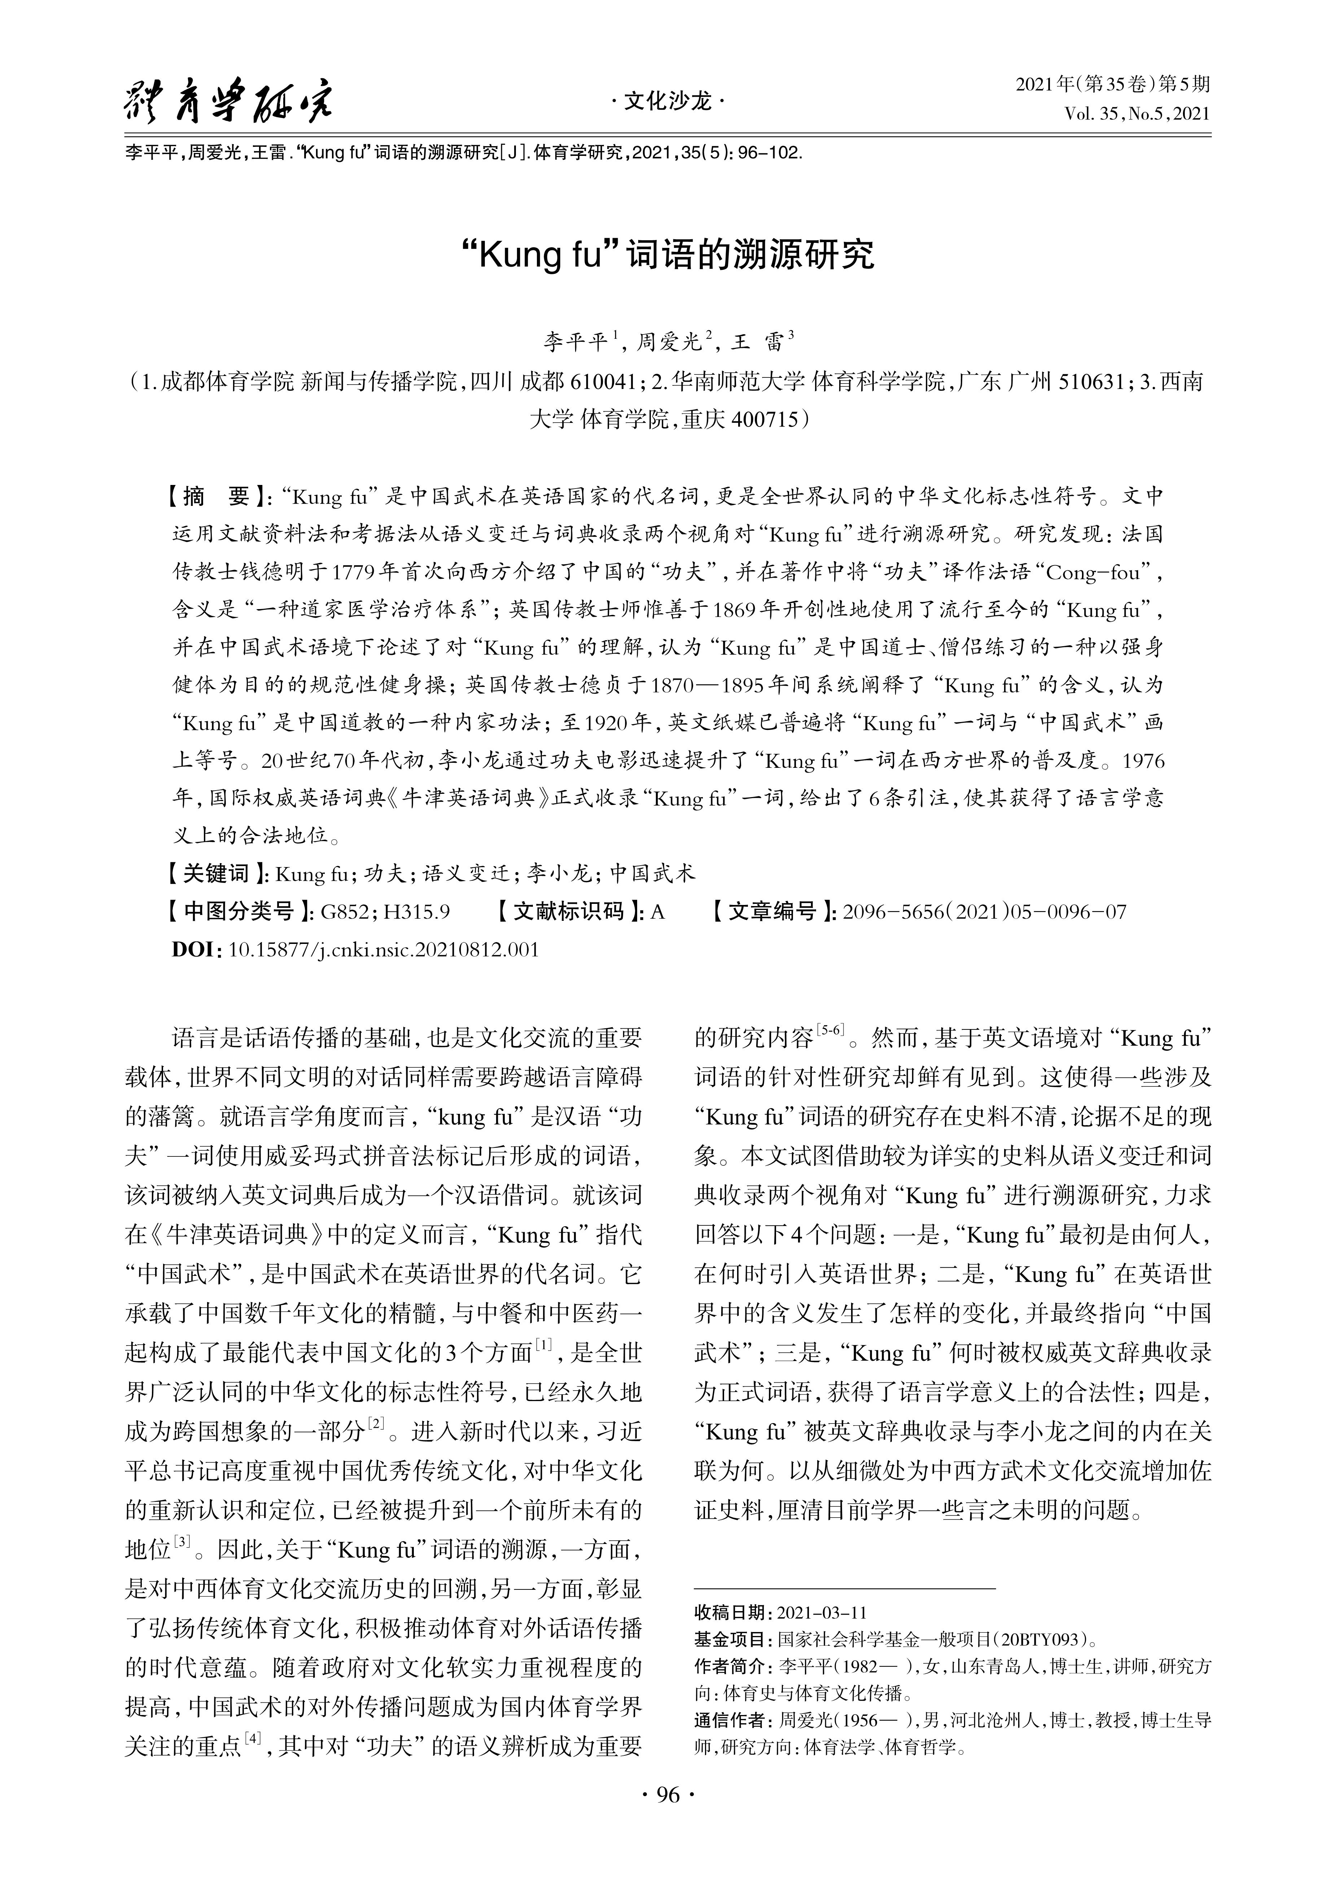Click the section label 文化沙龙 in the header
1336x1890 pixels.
point(667,102)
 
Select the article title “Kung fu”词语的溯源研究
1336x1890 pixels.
point(667,255)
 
